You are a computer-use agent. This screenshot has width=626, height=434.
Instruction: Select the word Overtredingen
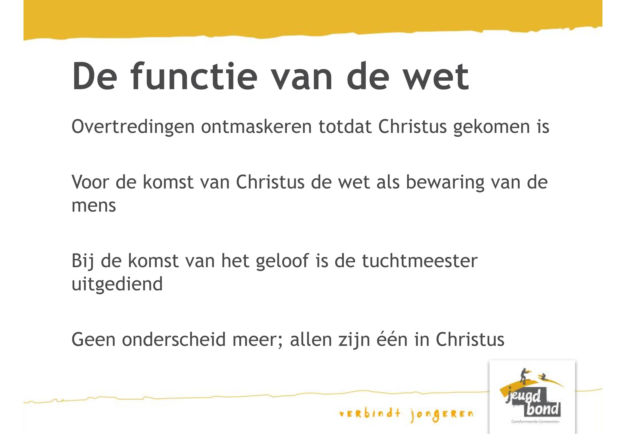(x=133, y=127)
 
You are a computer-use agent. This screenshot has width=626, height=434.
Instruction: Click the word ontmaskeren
(x=256, y=127)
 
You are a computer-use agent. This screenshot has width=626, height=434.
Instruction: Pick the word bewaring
(x=445, y=182)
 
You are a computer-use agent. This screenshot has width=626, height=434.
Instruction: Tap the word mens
(x=94, y=206)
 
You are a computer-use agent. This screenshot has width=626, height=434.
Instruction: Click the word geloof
(x=282, y=261)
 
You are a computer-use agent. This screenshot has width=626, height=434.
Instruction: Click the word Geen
(x=93, y=340)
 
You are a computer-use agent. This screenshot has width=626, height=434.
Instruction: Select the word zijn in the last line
(x=354, y=340)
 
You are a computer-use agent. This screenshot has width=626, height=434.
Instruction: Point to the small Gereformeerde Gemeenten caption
(x=535, y=422)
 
